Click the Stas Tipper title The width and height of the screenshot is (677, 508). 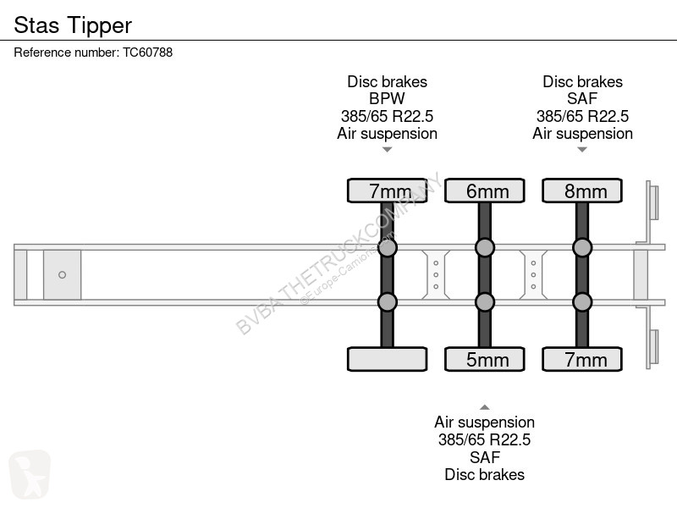(73, 25)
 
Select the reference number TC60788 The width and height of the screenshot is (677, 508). (147, 52)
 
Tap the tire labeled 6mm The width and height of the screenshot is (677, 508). (484, 190)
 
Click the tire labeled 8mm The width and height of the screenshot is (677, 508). (582, 190)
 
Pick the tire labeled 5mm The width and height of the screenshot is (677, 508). (484, 359)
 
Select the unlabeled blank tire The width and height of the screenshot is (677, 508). (388, 359)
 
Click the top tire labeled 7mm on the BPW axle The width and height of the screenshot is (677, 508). (388, 190)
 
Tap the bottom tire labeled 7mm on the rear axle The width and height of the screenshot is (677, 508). (582, 359)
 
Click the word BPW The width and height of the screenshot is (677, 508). (387, 98)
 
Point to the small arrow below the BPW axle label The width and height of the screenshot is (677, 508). (388, 150)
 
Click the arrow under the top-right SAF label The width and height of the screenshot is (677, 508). (582, 150)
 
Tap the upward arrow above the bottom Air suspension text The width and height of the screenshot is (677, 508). (485, 407)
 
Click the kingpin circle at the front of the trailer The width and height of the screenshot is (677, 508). (62, 274)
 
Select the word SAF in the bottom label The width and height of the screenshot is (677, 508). (484, 457)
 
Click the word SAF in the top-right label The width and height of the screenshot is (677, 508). (582, 98)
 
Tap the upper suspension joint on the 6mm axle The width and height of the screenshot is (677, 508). (485, 247)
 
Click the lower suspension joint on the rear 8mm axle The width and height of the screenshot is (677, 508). (582, 302)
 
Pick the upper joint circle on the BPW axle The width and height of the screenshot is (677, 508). (388, 247)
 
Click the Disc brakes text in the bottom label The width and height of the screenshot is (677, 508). (484, 475)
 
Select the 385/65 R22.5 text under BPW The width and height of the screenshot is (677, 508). (387, 116)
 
